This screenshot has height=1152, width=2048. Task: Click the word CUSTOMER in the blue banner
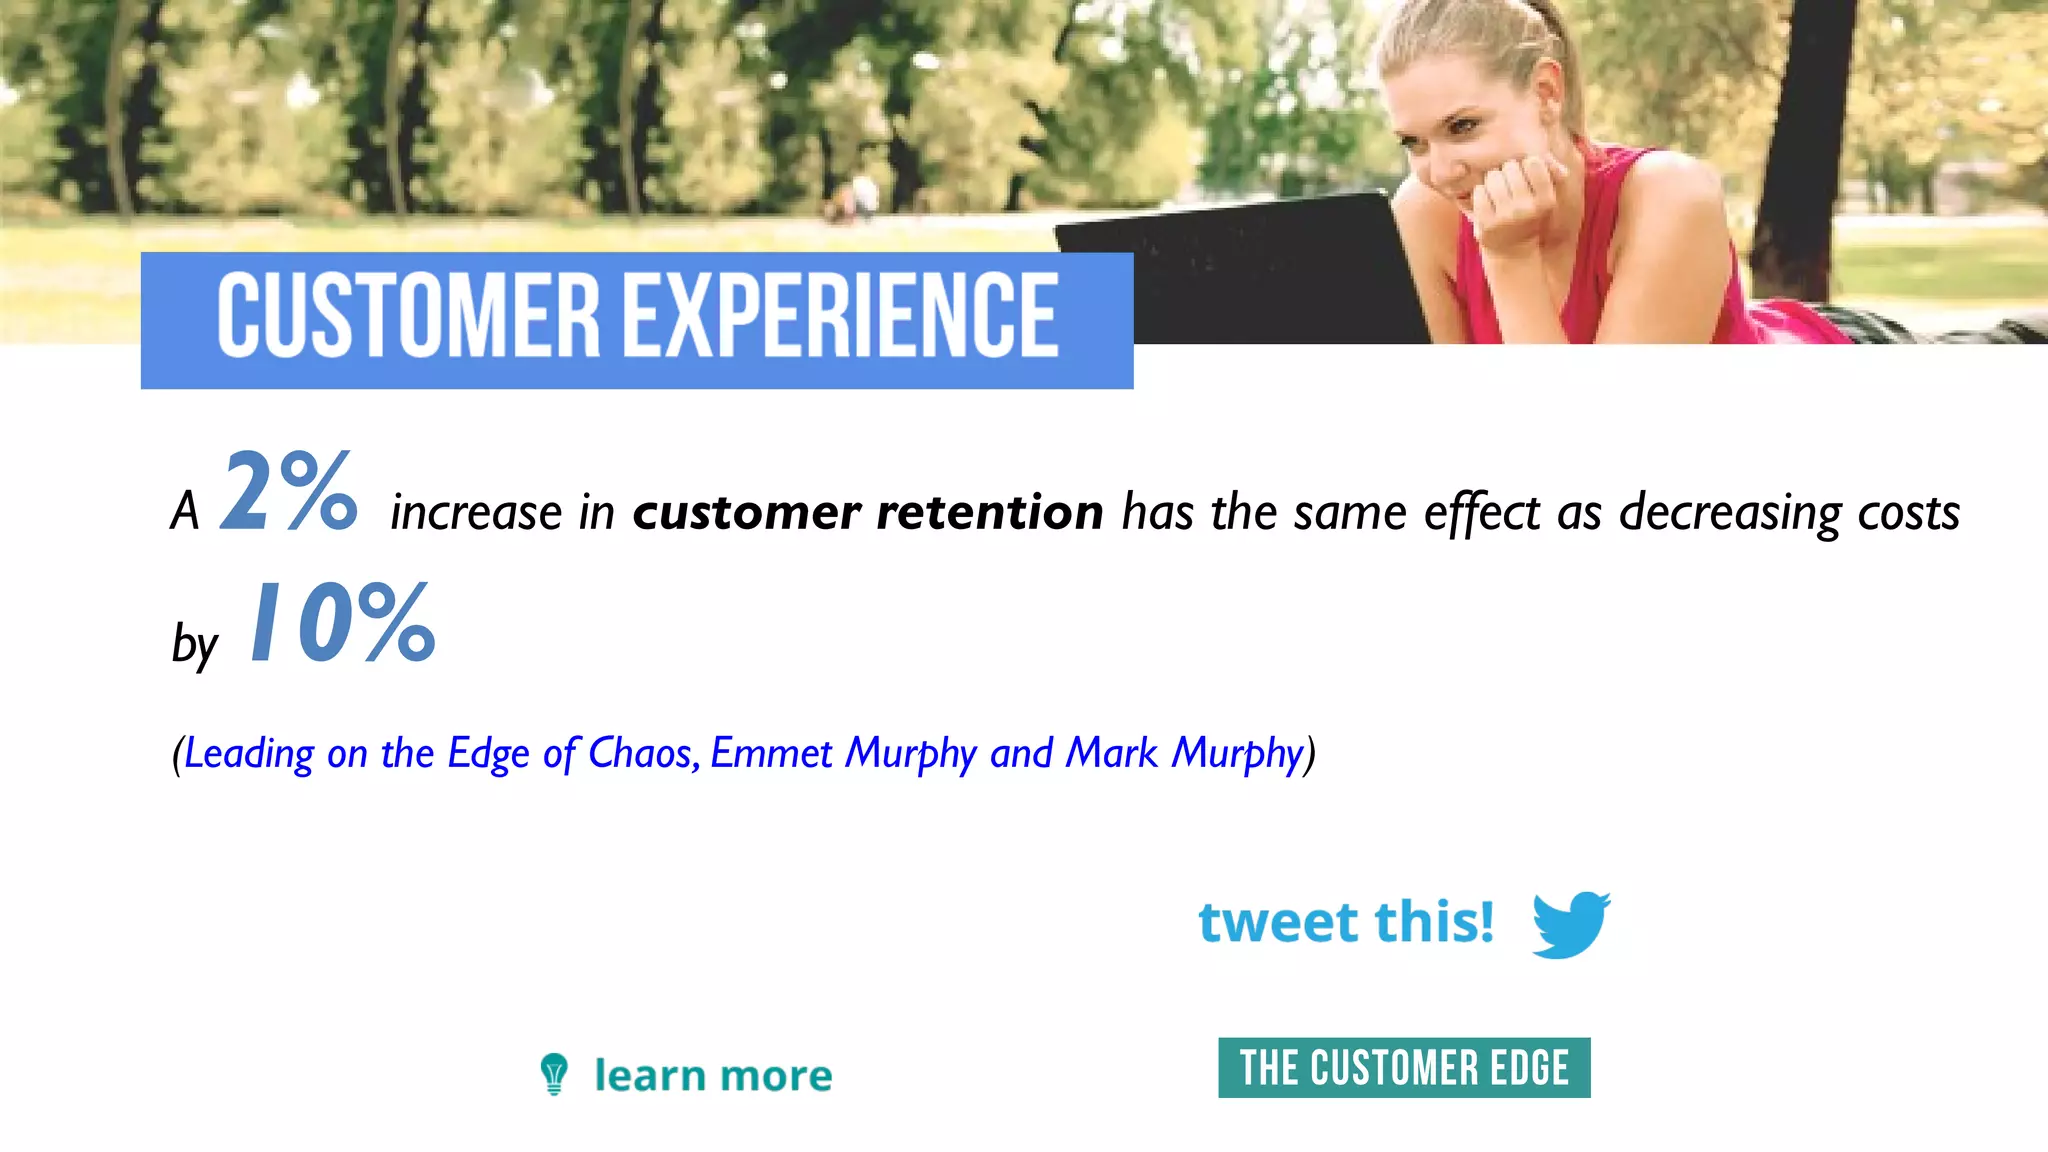click(408, 316)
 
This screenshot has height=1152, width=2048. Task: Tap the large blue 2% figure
click(289, 491)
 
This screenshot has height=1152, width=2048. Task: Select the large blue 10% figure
click(342, 623)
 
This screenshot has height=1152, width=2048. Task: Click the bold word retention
click(990, 512)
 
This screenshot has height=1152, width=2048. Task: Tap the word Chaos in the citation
click(641, 753)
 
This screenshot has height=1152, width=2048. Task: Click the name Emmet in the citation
click(771, 753)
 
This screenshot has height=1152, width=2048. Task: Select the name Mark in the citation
click(1111, 753)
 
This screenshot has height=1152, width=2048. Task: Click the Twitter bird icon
click(1570, 923)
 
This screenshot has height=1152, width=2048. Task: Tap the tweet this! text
click(1346, 922)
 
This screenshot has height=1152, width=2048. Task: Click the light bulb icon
click(554, 1074)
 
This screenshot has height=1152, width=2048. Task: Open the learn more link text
click(713, 1076)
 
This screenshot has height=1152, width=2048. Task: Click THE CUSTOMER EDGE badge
click(1404, 1068)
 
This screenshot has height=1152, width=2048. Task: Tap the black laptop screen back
click(1240, 270)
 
